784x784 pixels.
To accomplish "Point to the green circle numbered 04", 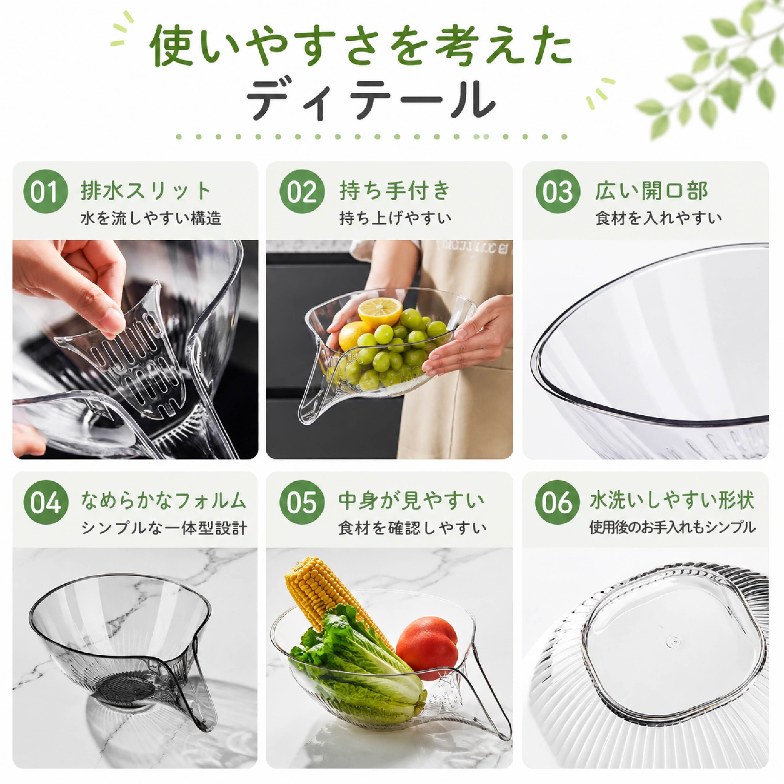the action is (x=45, y=502).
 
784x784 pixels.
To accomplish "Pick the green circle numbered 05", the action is (x=302, y=502).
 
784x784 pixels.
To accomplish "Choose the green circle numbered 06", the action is (x=558, y=502).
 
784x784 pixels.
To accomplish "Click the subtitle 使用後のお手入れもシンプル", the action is (x=672, y=527).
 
